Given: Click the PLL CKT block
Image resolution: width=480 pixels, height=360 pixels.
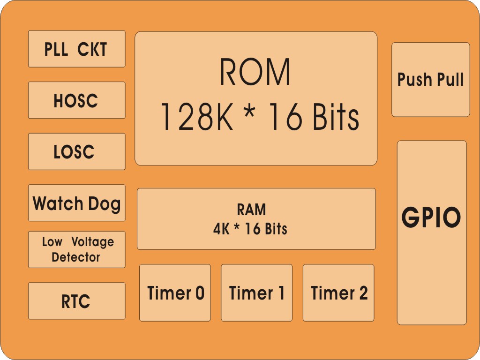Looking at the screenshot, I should coord(76,49).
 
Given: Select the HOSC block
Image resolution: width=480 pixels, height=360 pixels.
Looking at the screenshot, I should coord(76,100).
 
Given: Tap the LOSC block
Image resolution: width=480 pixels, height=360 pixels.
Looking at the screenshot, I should coord(76,151).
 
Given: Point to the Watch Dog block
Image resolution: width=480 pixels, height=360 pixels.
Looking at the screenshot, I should coord(76,202).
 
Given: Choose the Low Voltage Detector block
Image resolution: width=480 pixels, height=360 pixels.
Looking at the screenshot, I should coord(76,249).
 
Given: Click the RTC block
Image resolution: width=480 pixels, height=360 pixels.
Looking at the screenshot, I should coord(76,301).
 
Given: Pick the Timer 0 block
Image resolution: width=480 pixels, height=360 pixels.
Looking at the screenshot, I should coord(175,293).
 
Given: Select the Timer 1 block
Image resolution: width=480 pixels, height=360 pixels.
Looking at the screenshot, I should coord(256,293).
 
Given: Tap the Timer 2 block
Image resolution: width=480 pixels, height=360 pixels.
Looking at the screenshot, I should coord(338,293).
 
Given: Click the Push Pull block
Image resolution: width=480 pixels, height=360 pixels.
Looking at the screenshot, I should coord(430,80).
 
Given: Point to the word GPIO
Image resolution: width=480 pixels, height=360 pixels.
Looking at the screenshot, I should coord(431,217).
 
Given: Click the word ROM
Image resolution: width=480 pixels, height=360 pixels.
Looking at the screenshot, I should coord(255,72).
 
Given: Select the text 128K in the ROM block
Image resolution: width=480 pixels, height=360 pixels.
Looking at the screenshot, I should coord(196,117).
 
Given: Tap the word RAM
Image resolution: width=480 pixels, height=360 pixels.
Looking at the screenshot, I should coord(251,209).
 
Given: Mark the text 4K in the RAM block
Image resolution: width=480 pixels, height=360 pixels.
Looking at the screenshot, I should coord(221,229).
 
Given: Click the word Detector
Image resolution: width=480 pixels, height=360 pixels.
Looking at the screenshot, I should coord(76,257).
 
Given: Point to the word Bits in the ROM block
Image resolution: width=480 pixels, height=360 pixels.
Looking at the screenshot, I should coord(333,117).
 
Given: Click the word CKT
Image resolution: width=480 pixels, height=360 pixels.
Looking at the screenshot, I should coord(92,49).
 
